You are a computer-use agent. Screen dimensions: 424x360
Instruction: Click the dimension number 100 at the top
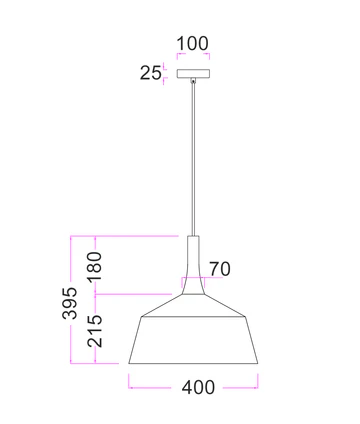coord(193,44)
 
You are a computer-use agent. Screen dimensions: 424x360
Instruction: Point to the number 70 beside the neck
coord(220,268)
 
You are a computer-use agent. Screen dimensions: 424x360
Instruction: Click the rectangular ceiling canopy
coord(193,73)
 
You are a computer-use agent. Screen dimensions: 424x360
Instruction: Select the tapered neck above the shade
coord(194,262)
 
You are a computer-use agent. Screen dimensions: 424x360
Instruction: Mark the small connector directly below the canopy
coord(193,81)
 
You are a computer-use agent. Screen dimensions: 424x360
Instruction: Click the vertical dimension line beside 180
coord(95,240)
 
